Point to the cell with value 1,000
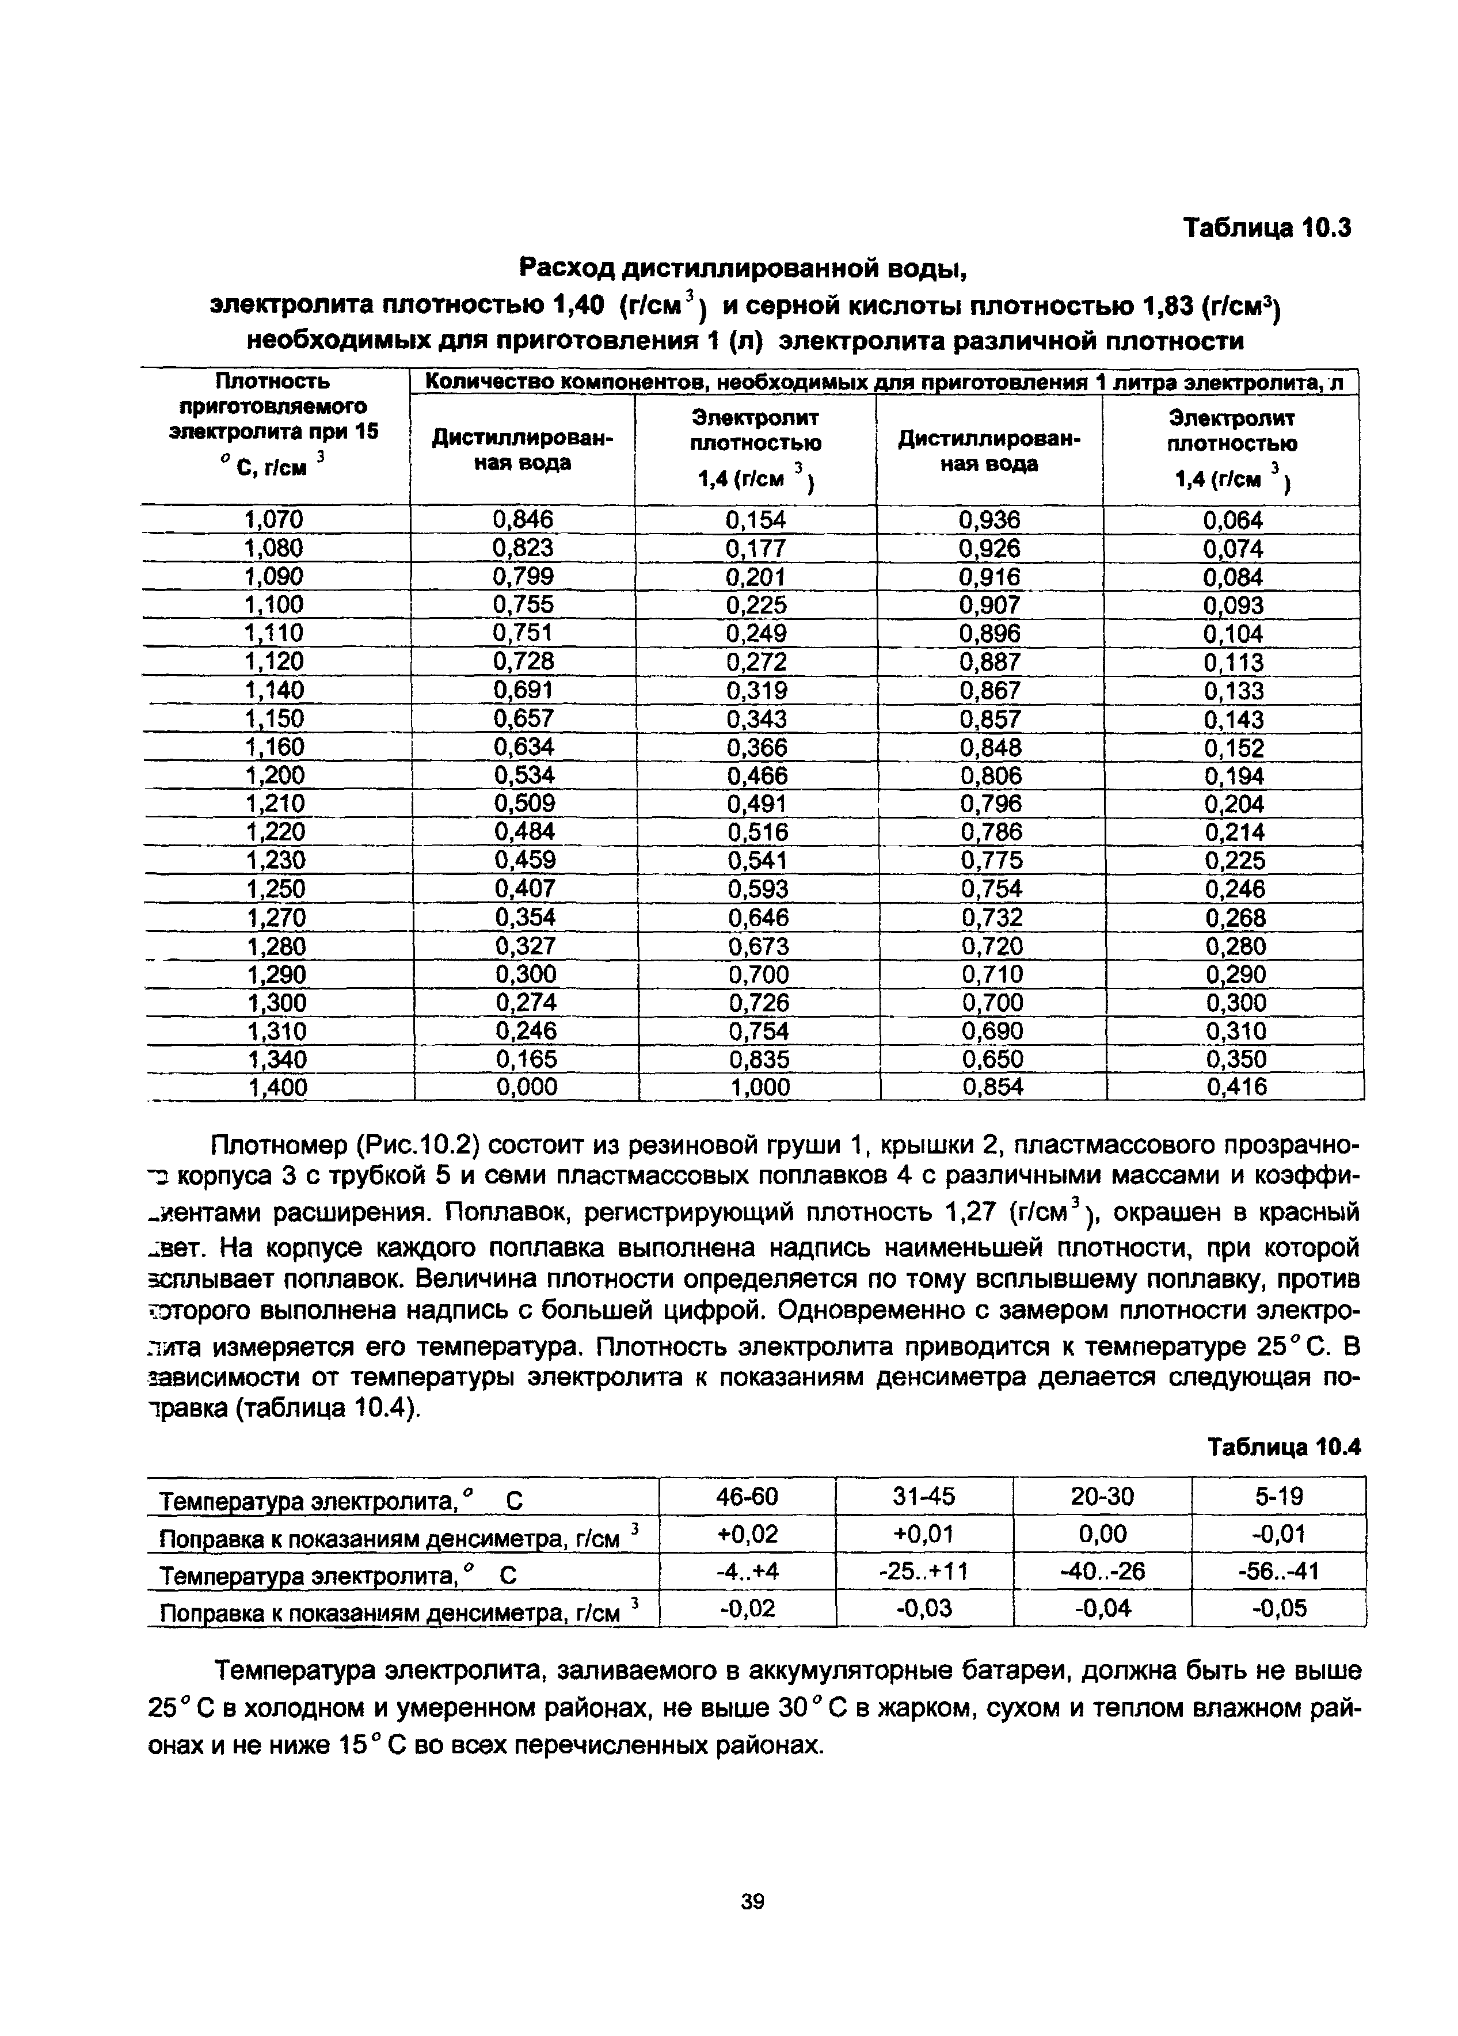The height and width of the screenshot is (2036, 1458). pos(759,1087)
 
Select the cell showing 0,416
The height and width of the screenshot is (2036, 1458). pos(1236,1087)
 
